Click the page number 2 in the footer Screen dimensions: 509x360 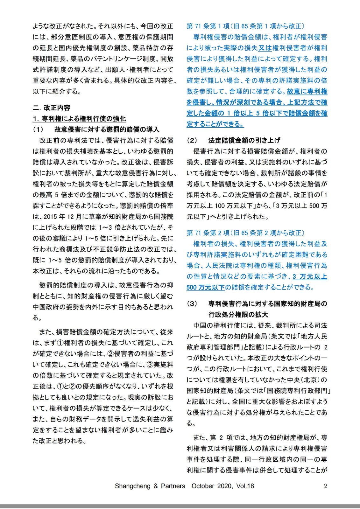(x=325, y=486)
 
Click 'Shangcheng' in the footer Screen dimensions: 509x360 (x=132, y=486)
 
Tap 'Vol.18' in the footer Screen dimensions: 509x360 (x=245, y=486)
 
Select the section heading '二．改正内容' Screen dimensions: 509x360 (x=52, y=108)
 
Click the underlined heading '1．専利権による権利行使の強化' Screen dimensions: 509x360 (x=79, y=119)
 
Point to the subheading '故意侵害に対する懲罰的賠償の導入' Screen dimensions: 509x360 (x=107, y=129)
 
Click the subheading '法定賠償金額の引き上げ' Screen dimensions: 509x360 (x=244, y=140)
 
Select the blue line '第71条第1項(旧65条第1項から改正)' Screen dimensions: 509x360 (x=245, y=26)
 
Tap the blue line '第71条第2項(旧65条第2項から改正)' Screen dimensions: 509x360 (x=245, y=233)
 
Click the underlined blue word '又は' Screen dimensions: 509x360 (x=265, y=48)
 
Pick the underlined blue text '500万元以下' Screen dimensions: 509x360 (x=206, y=288)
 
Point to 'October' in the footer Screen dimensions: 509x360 (x=203, y=486)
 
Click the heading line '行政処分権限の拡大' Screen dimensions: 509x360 (x=238, y=315)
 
